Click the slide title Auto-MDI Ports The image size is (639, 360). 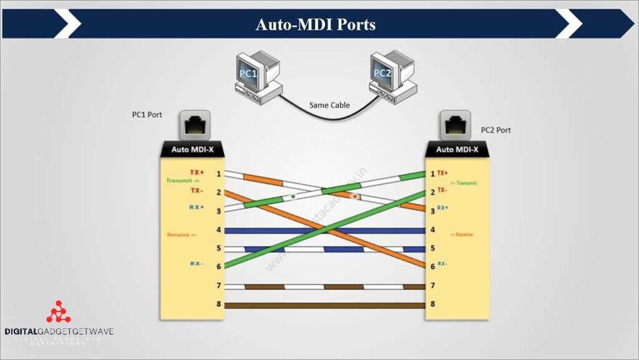[x=315, y=24]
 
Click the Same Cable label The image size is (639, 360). [x=329, y=105]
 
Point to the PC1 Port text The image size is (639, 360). [x=147, y=115]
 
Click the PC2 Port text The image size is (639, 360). [x=495, y=130]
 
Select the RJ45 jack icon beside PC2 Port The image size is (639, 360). [x=455, y=125]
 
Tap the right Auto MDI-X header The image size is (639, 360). [x=457, y=150]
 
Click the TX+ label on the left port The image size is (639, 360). [x=197, y=172]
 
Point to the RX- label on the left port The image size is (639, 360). [x=197, y=264]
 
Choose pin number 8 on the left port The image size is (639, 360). [x=218, y=305]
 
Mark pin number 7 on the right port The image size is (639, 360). [x=432, y=286]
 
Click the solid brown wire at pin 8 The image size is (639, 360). [x=324, y=306]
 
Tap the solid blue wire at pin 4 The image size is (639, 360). [x=324, y=230]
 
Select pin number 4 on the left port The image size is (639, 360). [x=218, y=230]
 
